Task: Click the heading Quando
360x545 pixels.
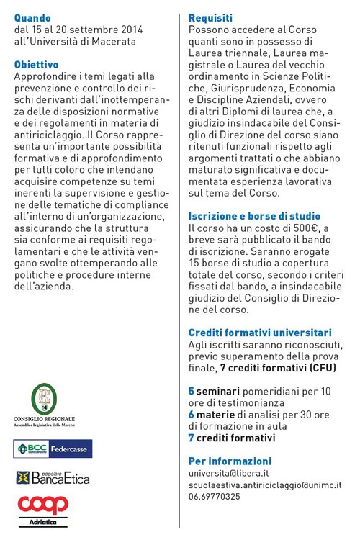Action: point(33,17)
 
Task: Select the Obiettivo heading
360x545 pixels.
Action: point(36,64)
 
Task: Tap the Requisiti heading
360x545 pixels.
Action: point(210,17)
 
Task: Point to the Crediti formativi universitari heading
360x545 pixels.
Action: point(260,333)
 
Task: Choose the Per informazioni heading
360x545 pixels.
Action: point(230,461)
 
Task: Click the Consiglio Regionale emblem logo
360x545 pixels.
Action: point(45,400)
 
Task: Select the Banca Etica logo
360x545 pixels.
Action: point(53,477)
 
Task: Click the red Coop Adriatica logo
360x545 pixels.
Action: point(43,508)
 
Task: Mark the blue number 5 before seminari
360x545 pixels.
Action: point(191,391)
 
